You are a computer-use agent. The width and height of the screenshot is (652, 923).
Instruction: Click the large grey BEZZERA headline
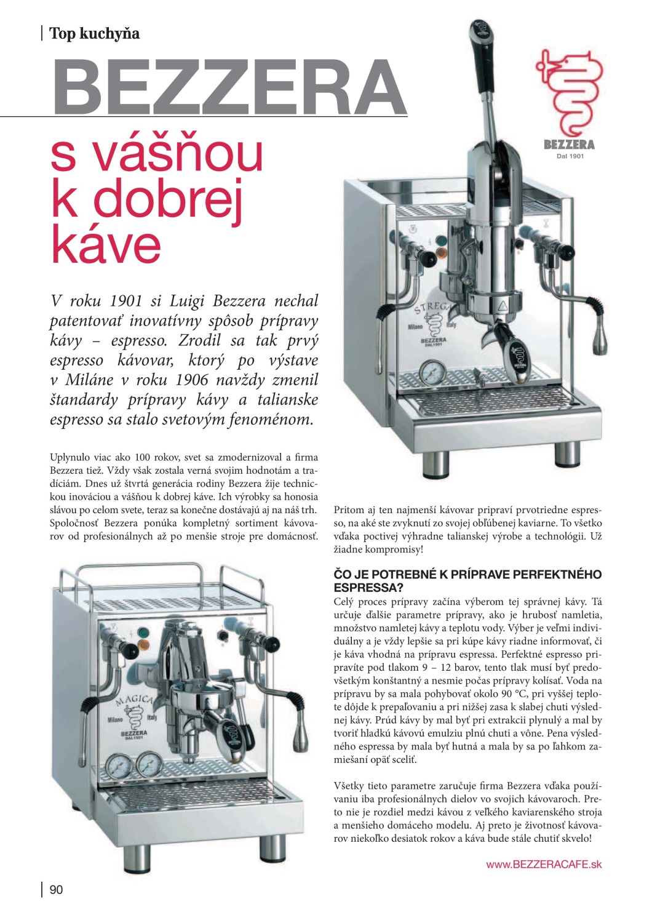[229, 86]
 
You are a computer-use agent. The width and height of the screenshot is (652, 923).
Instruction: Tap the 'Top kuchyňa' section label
[94, 33]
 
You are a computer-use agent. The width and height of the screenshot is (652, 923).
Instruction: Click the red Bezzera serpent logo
[569, 92]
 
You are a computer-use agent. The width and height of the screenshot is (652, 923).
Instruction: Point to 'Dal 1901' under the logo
[570, 156]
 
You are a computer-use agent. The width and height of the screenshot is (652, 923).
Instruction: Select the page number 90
[56, 889]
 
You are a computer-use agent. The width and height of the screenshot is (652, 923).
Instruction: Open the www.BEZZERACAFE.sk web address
[543, 865]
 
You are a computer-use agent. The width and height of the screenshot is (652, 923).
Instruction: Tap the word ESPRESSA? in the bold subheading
[368, 588]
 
